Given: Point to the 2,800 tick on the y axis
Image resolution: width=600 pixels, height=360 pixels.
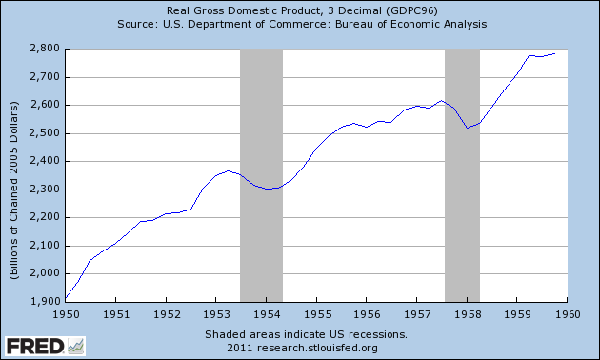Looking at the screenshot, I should pyautogui.click(x=46, y=48).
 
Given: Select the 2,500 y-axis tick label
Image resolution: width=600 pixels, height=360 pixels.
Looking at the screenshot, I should pyautogui.click(x=46, y=132).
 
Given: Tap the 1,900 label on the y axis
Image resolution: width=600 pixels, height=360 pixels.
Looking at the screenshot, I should pyautogui.click(x=46, y=301).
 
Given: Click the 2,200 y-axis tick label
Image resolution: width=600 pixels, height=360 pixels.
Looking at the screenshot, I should pyautogui.click(x=46, y=217).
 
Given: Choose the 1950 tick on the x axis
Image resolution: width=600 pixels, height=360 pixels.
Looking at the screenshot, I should pyautogui.click(x=66, y=312).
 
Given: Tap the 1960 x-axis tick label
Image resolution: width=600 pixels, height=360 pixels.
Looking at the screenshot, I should pyautogui.click(x=567, y=312).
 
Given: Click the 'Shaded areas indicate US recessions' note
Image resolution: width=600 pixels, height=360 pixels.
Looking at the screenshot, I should pyautogui.click(x=305, y=334).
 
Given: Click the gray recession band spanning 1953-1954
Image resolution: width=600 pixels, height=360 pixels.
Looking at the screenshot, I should pyautogui.click(x=261, y=173).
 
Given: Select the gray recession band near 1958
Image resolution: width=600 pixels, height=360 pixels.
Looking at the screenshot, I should pyautogui.click(x=462, y=173).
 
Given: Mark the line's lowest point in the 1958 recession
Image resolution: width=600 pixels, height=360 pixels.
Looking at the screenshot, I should pyautogui.click(x=467, y=128).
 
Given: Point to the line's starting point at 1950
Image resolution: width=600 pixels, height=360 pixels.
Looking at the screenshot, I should pyautogui.click(x=66, y=298).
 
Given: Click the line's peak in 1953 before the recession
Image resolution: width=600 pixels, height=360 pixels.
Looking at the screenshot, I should pyautogui.click(x=228, y=171).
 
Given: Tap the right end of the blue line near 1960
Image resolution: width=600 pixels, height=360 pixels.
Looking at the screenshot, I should pyautogui.click(x=555, y=54).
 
